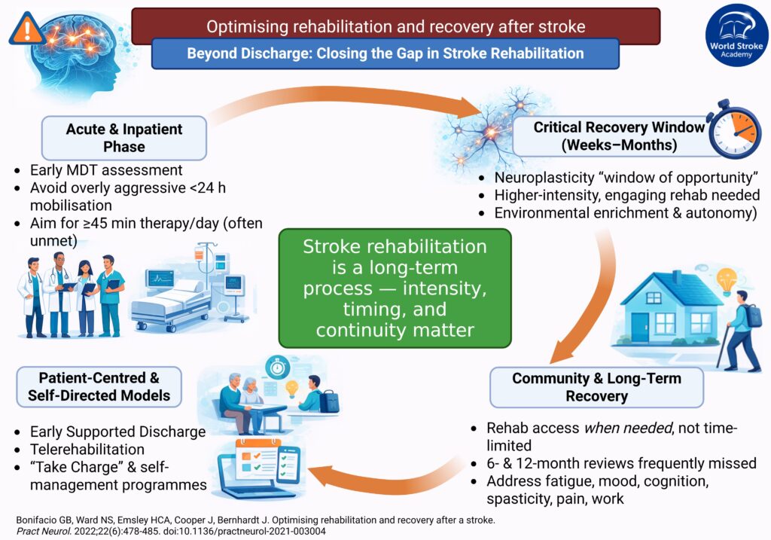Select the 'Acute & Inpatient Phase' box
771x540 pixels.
124,137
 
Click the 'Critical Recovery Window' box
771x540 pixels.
608,136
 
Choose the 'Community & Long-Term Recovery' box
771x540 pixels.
596,387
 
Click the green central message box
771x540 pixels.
395,288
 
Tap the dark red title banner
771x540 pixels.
395,26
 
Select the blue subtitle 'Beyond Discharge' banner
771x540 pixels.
385,53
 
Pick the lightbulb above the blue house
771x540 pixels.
727,280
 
